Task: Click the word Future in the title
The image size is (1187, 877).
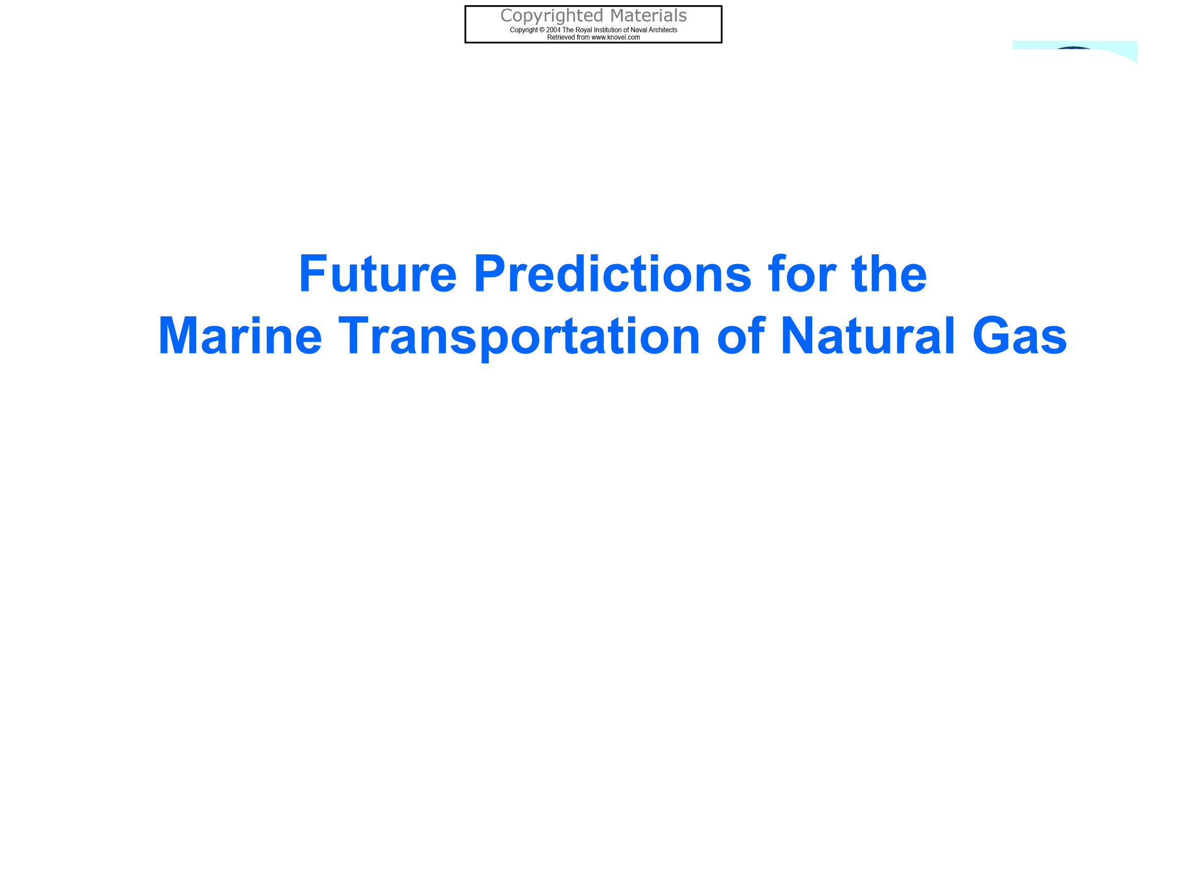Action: point(378,273)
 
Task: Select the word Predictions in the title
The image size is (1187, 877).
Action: point(613,273)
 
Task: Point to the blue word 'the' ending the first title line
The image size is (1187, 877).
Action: point(890,273)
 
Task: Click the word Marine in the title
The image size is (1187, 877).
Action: point(240,335)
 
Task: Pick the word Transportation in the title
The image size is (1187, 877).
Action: point(519,337)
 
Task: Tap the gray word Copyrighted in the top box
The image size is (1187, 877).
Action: point(552,17)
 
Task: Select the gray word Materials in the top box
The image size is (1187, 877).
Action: point(649,15)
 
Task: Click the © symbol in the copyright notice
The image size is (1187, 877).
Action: point(542,30)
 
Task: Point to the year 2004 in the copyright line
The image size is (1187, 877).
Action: point(553,30)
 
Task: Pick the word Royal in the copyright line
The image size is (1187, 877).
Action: point(584,30)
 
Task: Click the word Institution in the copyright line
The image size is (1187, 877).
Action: point(607,30)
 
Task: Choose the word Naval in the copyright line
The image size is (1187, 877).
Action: point(639,30)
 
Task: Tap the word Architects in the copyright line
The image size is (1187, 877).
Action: point(663,30)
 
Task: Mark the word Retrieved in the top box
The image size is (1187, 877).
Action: point(561,38)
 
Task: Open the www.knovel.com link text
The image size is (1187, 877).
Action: point(616,38)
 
